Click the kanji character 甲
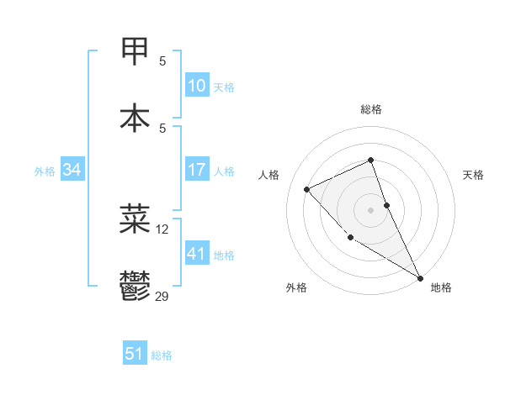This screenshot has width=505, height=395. click(136, 50)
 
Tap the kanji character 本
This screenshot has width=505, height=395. click(136, 118)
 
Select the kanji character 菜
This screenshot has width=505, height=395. click(136, 219)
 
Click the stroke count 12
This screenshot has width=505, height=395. click(162, 229)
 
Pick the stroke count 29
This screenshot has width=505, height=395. click(162, 296)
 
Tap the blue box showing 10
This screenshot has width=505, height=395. click(196, 86)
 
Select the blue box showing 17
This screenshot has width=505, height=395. click(196, 170)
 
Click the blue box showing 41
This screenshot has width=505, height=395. click(196, 254)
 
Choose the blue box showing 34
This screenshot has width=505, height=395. click(72, 170)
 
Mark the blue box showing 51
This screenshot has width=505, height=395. click(134, 354)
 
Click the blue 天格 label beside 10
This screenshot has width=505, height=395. click(224, 87)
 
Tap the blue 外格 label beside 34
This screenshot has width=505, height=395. click(45, 171)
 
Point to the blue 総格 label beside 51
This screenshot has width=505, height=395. click(162, 355)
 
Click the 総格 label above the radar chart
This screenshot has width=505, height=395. click(371, 109)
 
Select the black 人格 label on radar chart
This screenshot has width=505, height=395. click(268, 175)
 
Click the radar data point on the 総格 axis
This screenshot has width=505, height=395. click(371, 160)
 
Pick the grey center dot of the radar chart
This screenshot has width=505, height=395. click(371, 209)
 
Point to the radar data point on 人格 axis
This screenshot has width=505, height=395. click(307, 189)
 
